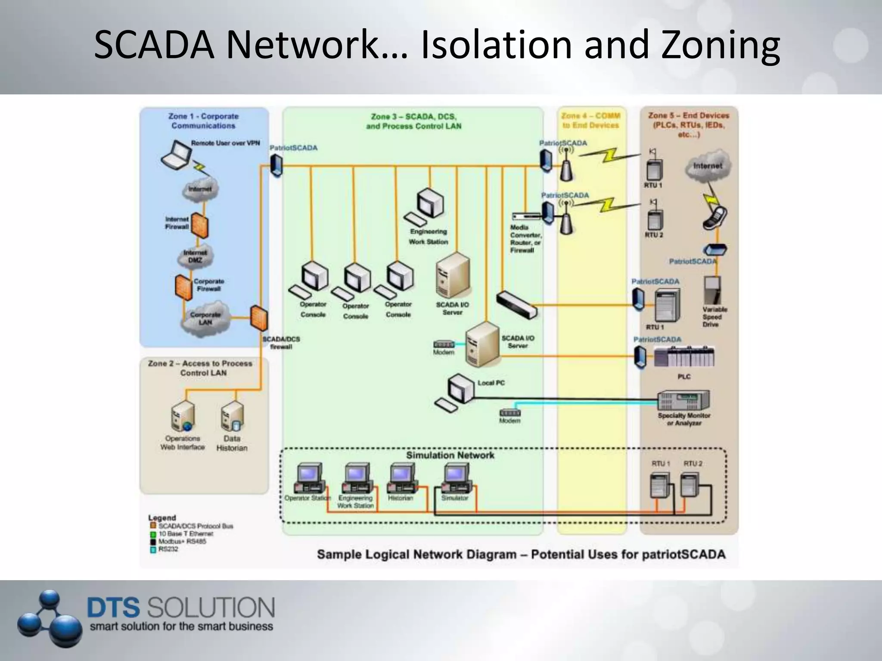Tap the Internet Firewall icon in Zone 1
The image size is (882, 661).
199,225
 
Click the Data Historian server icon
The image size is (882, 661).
233,417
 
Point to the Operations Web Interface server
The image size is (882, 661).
183,417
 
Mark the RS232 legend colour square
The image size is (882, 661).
153,550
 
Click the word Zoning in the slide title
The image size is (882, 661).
721,45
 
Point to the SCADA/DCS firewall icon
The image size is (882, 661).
259,318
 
